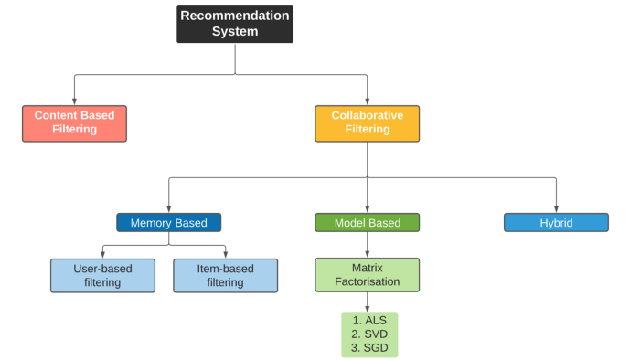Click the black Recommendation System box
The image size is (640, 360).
pos(235,24)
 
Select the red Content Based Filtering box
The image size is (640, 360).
pos(74,123)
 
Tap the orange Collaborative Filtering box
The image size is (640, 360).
pos(367,123)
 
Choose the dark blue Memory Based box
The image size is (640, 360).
pos(168,222)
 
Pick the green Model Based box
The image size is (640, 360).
pos(367,222)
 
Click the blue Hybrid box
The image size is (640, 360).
pos(556,222)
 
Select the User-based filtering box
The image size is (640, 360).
pos(102,275)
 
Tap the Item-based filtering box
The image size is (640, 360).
pos(225,275)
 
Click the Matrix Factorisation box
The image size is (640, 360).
pos(367,274)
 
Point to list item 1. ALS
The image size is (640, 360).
pos(369,321)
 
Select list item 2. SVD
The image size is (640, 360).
pos(369,334)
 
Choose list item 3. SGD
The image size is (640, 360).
pos(369,348)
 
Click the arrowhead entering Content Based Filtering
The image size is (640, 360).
pos(74,101)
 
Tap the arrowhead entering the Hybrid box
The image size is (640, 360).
pos(556,209)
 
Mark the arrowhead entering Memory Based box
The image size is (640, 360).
pos(168,209)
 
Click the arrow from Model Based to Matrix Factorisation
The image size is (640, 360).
pos(367,245)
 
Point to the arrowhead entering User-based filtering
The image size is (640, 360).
pos(102,254)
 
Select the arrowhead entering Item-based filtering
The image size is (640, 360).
pos(225,254)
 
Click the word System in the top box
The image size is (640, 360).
pos(235,31)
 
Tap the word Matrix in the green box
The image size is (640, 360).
pos(367,268)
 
